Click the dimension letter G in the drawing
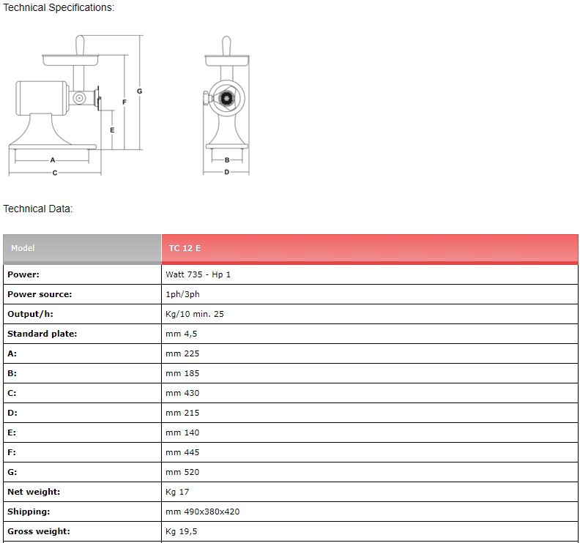click(139, 91)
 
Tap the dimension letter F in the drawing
click(124, 102)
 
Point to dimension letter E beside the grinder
click(112, 130)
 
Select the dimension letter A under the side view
click(53, 160)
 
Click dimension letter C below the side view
click(55, 173)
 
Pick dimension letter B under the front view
click(227, 160)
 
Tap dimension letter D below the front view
click(227, 172)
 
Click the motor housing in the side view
click(42, 98)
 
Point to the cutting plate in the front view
click(226, 99)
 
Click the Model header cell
click(82, 248)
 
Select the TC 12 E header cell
click(370, 248)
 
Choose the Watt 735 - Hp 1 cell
click(198, 274)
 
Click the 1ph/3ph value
click(182, 294)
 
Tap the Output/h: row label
click(30, 314)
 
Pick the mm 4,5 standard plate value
click(182, 334)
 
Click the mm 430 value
click(182, 393)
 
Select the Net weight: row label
click(34, 492)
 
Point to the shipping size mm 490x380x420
click(202, 512)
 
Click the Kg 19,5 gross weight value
click(182, 531)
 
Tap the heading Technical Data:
click(38, 209)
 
